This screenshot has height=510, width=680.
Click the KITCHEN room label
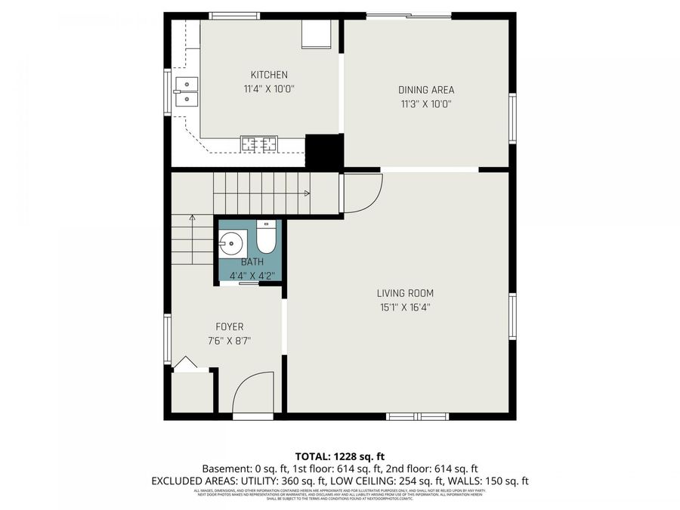tap(269, 75)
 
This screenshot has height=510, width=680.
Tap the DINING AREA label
tap(426, 90)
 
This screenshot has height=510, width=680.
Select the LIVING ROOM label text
tap(405, 293)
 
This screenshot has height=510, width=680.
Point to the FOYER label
tap(230, 327)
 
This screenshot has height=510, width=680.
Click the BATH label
tap(252, 261)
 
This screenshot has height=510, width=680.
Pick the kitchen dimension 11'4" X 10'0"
tap(268, 89)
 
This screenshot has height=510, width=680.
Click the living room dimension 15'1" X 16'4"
tap(405, 308)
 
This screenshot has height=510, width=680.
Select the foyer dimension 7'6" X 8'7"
tap(230, 341)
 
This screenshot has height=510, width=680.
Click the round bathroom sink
tap(232, 243)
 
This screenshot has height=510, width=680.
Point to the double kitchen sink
tap(184, 91)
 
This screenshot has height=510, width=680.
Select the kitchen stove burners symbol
tap(258, 142)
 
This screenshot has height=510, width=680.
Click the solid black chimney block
tap(324, 151)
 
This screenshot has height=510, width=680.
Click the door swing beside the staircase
tap(361, 193)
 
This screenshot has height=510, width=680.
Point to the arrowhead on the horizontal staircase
tap(306, 193)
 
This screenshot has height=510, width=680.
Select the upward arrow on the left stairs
tap(192, 219)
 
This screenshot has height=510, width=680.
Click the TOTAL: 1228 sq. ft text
tap(340, 456)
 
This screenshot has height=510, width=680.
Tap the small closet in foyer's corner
tap(191, 391)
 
